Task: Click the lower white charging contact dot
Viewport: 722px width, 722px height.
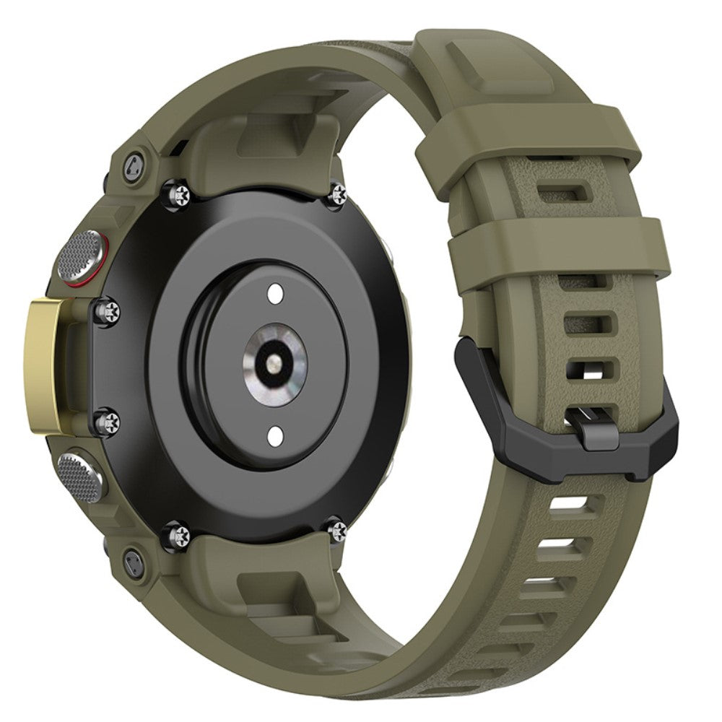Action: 275,435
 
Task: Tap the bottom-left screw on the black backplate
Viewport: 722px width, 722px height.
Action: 180,534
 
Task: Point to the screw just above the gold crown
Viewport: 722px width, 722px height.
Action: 113,310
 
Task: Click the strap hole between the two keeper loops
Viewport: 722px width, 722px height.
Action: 571,191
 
